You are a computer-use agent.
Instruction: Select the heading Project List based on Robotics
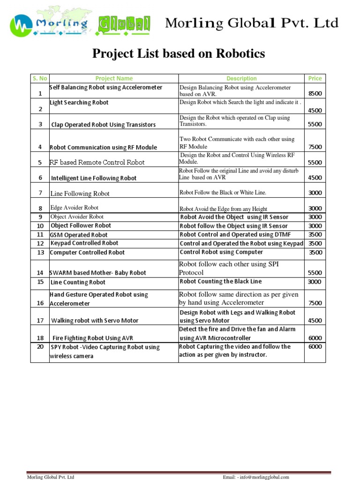coord(179,54)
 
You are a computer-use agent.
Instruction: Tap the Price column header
coord(315,78)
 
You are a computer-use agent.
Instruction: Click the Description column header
coord(241,78)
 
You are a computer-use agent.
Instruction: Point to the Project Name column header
coord(114,78)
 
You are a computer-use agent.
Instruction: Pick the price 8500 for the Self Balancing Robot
coord(315,93)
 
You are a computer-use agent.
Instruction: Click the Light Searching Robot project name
coord(79,102)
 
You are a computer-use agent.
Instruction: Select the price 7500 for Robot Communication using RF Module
coord(315,147)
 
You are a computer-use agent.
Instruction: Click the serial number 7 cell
coord(40,193)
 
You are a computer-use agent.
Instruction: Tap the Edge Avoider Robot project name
coord(74,207)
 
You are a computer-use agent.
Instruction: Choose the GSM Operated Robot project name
coord(79,235)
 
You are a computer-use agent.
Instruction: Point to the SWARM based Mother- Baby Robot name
coord(98,272)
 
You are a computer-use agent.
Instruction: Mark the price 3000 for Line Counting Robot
coord(315,282)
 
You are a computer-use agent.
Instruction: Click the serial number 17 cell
coord(40,320)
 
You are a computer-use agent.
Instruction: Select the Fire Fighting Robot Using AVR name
coord(93,338)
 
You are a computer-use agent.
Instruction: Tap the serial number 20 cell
coord(40,346)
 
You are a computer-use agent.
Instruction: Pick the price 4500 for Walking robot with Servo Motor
coord(315,321)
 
